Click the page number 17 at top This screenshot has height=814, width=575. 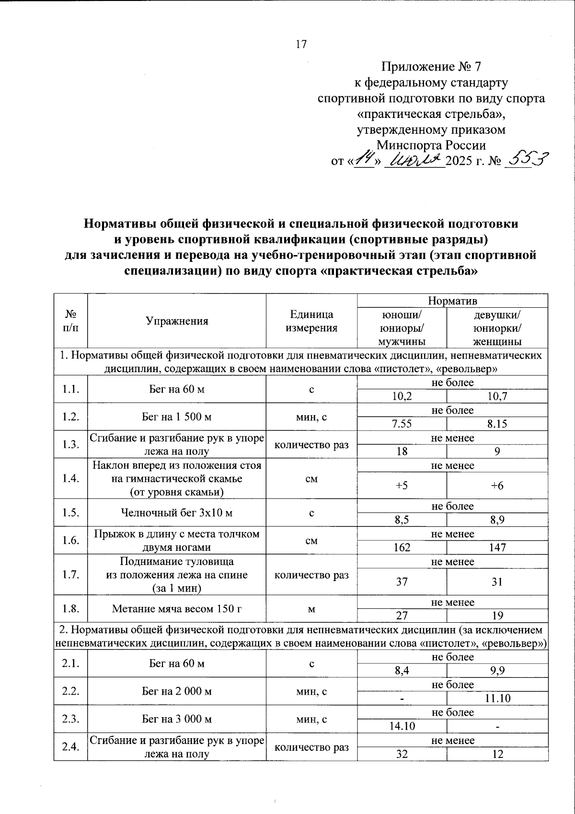tap(301, 45)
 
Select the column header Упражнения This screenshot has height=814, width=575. tap(177, 321)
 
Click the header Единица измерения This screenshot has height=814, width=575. tap(311, 321)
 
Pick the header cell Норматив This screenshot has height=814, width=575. tap(452, 301)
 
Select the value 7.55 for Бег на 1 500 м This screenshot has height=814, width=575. tap(402, 424)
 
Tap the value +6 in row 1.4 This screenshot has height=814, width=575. tap(497, 486)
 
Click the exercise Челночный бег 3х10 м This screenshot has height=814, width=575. tap(177, 513)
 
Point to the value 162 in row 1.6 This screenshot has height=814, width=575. tap(402, 547)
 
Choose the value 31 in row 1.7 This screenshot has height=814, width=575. tap(497, 581)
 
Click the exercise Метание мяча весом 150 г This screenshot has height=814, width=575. tap(177, 609)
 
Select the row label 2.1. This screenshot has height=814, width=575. tap(70, 663)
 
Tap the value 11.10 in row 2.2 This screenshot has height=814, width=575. tap(497, 698)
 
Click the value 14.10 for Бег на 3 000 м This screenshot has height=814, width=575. tap(402, 726)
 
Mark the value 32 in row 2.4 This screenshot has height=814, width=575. tap(402, 754)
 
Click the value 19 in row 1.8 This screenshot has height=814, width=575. tap(497, 616)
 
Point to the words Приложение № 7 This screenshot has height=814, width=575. tap(431, 67)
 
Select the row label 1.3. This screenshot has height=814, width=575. tap(70, 444)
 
